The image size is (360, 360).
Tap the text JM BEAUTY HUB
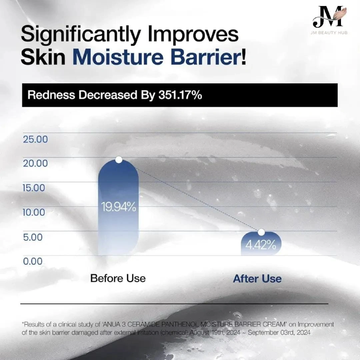[329, 33]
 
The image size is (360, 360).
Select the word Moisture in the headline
[118, 57]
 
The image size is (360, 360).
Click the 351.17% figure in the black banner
[180, 95]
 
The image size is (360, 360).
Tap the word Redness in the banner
[51, 95]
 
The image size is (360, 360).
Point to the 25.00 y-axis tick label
[35, 139]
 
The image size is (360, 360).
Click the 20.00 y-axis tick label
[35, 163]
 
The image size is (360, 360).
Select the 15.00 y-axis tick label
[34, 188]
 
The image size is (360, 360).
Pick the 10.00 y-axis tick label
[34, 212]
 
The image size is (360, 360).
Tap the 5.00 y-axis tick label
[33, 237]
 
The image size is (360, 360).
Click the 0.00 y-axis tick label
[33, 261]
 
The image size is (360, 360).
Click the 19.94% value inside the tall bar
[118, 207]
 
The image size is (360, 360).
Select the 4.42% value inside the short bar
[261, 245]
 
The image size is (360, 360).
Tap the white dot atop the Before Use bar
[119, 160]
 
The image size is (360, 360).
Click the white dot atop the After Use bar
[261, 232]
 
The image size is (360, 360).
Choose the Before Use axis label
[118, 278]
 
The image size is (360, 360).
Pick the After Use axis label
[257, 279]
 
